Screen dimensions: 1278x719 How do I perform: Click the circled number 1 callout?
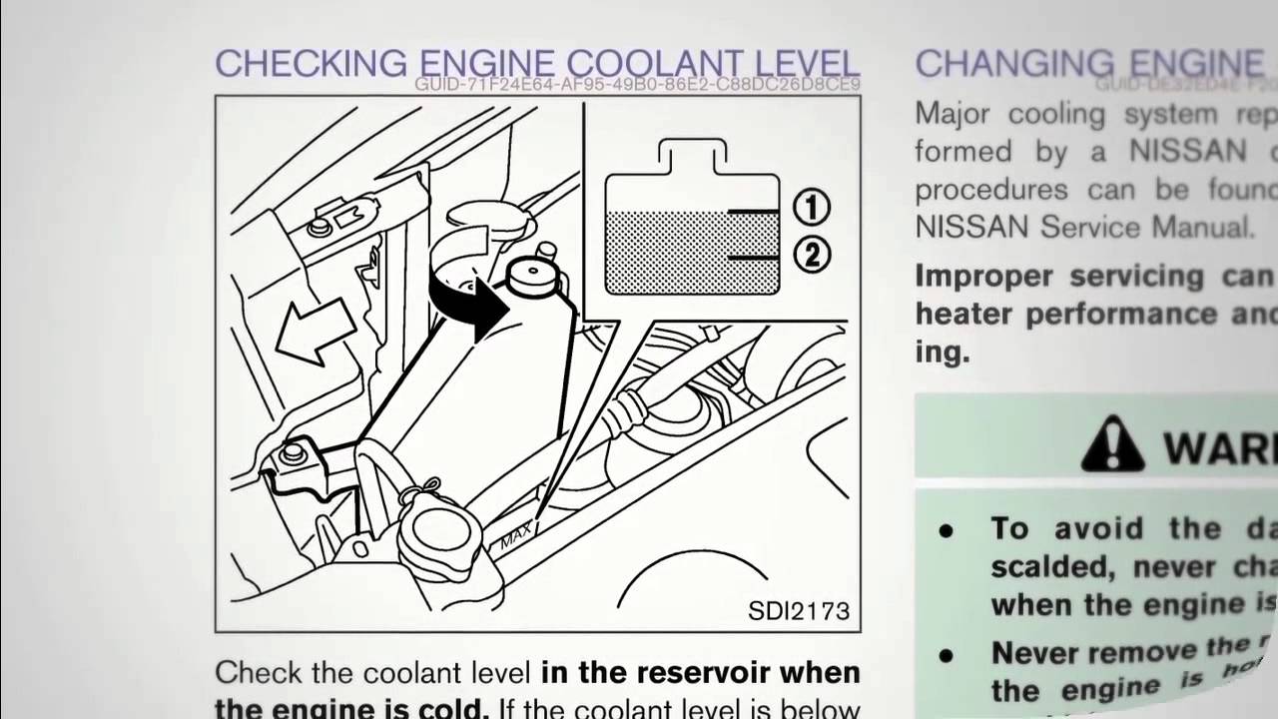(811, 208)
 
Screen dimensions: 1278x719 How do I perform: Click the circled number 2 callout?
(811, 257)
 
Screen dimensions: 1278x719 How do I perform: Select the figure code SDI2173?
(798, 610)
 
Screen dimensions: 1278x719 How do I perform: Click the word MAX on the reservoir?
(516, 538)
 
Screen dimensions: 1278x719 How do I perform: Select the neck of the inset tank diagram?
(692, 158)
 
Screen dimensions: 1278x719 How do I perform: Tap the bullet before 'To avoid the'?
(946, 530)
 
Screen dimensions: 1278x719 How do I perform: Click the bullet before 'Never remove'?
(946, 654)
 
